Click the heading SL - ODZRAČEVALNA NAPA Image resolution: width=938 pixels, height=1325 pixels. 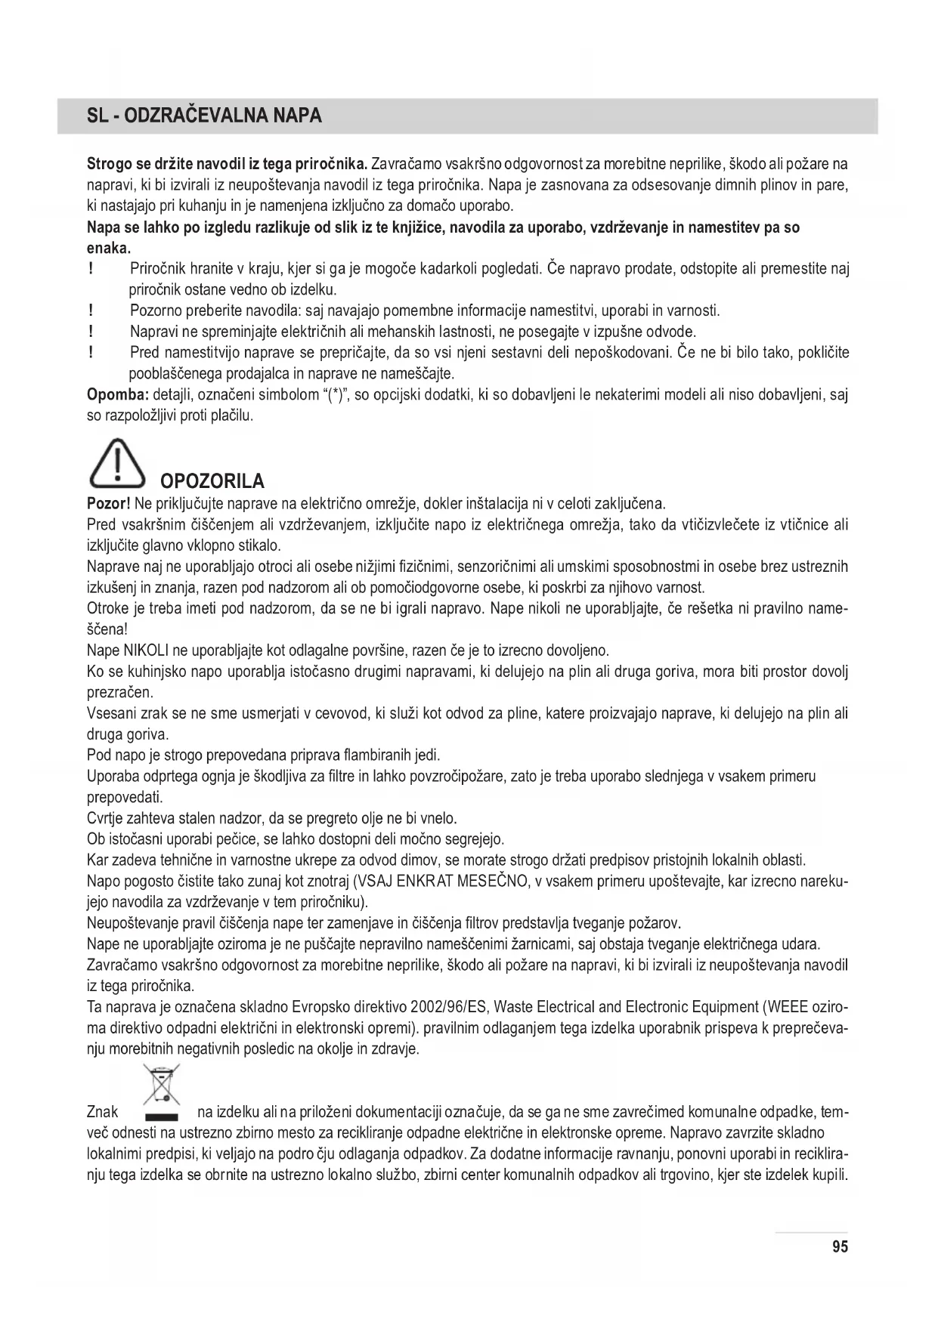point(204,116)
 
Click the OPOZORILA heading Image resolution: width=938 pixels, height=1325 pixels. point(212,481)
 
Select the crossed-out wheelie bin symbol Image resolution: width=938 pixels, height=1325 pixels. point(162,1092)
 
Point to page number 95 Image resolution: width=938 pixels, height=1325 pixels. point(840,1247)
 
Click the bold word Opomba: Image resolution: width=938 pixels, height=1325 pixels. point(117,394)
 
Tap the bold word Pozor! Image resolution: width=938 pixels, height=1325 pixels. point(110,503)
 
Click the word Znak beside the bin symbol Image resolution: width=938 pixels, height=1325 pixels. point(103,1111)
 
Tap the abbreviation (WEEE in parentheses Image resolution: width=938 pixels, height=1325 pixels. point(785,1007)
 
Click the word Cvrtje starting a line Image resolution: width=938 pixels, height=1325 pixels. point(105,817)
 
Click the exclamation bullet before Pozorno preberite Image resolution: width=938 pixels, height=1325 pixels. point(91,310)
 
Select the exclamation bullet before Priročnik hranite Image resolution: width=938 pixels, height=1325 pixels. point(91,269)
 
